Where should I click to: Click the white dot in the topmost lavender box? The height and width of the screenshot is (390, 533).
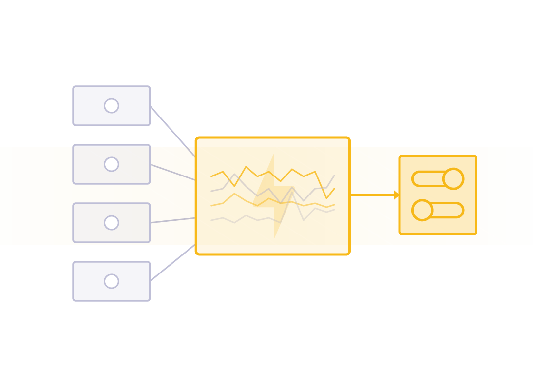112,106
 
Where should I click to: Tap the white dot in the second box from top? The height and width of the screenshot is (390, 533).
112,164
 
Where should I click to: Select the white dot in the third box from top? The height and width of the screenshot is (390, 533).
112,223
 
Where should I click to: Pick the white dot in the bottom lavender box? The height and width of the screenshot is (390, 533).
112,281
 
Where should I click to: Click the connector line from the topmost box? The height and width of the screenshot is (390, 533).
172,131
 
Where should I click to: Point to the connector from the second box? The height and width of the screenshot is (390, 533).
172,172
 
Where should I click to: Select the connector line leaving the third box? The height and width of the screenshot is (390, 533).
172,220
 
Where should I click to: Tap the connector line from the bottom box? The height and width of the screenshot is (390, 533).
172,263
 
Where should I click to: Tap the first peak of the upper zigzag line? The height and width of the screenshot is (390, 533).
235,174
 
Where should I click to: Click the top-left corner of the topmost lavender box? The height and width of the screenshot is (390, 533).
73,86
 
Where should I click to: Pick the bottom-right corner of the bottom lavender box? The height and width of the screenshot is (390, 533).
150,301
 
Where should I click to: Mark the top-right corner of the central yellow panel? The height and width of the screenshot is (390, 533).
350,137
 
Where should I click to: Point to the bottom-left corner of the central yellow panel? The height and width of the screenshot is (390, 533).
195,254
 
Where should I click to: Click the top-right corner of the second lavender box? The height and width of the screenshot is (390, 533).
150,145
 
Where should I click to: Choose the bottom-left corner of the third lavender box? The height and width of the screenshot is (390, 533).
73,242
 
